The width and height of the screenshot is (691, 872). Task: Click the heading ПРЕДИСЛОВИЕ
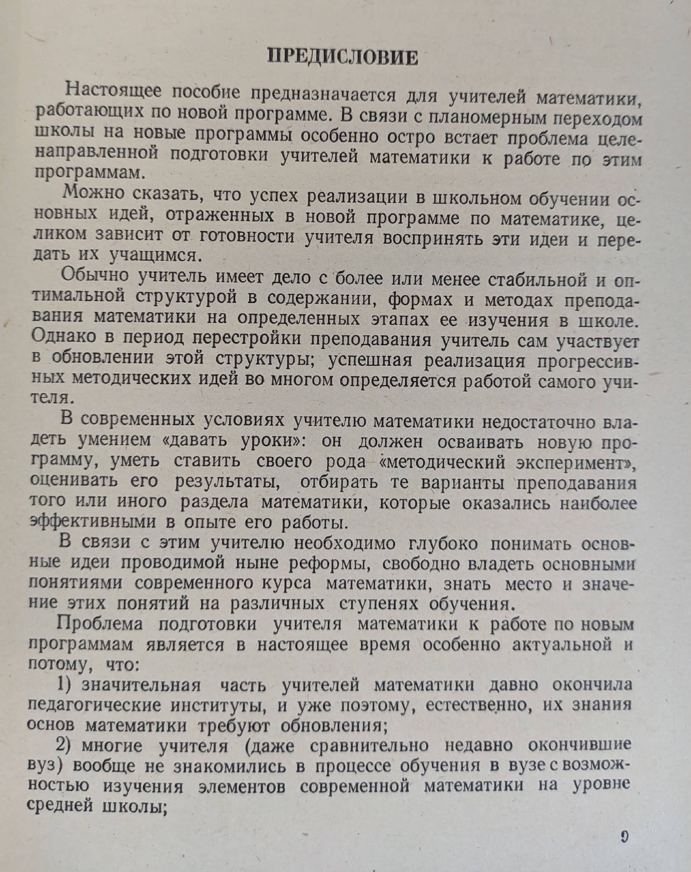342,58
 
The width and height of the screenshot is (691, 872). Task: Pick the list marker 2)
64,745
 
